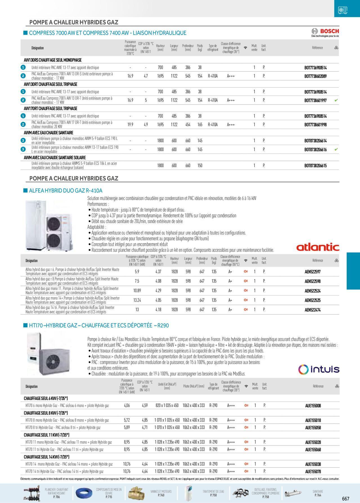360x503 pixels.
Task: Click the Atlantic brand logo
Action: tap(318, 247)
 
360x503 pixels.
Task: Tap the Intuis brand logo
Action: tap(319, 369)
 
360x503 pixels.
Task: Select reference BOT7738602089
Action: tap(315, 76)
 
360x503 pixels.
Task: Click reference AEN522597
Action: tap(312, 272)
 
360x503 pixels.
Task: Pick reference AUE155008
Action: tap(313, 406)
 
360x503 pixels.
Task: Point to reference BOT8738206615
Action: tap(315, 166)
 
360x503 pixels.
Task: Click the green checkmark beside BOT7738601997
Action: tap(336, 100)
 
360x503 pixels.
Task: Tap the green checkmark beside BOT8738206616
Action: tap(336, 149)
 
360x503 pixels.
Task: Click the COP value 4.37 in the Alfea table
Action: tap(158, 272)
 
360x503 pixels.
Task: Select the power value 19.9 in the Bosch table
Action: tap(130, 124)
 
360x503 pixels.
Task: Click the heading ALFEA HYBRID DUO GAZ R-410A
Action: tap(66, 191)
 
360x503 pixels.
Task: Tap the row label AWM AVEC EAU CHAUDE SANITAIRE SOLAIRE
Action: tap(55, 158)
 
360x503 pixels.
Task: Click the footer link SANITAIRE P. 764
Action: tap(318, 493)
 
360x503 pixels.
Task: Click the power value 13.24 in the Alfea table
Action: tap(137, 300)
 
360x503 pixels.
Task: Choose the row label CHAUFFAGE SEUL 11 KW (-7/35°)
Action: tap(46, 435)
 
